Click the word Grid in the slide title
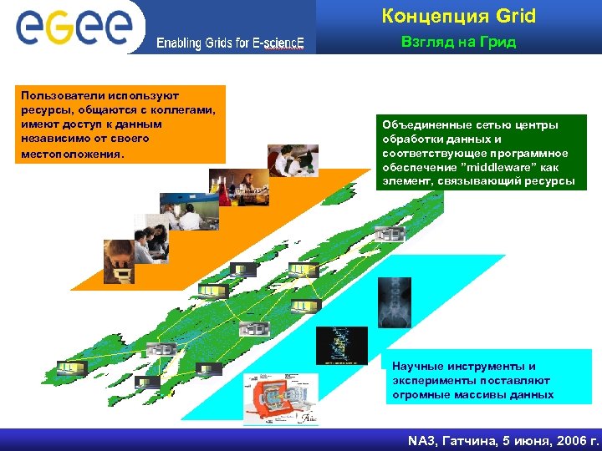(x=515, y=16)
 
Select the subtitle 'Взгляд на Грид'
(x=458, y=43)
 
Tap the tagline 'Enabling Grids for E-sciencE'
(x=230, y=43)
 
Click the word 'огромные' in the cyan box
(x=419, y=394)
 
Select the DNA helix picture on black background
(x=340, y=342)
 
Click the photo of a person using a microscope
(x=119, y=260)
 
